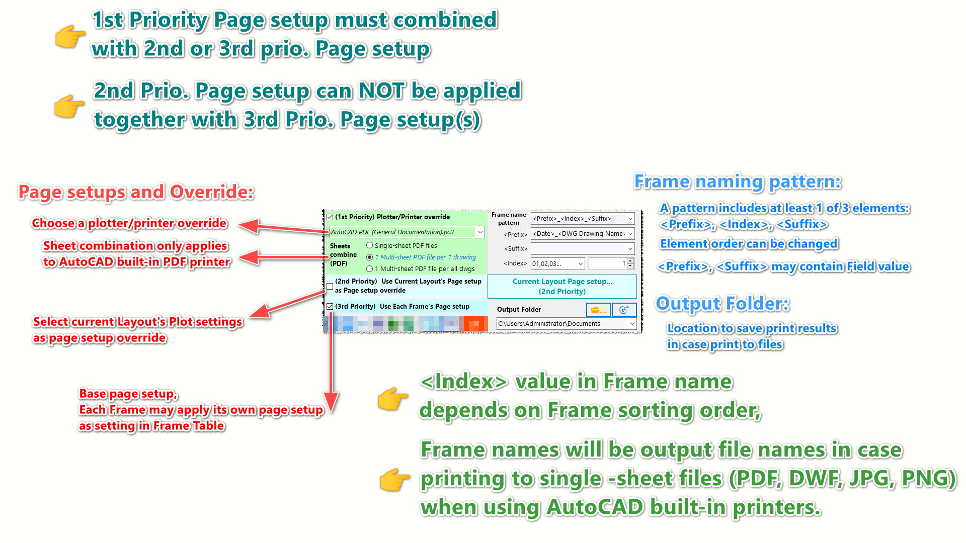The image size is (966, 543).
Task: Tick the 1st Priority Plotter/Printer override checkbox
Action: tap(330, 217)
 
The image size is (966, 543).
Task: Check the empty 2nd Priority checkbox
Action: tap(330, 286)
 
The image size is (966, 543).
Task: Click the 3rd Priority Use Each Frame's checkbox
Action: tap(330, 306)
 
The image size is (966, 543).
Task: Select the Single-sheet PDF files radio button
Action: tap(370, 245)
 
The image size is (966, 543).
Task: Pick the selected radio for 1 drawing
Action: tap(370, 257)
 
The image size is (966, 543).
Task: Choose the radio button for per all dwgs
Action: tap(370, 268)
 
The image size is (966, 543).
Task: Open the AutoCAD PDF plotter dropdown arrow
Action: tap(480, 232)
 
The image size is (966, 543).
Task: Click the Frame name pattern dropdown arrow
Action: tap(630, 219)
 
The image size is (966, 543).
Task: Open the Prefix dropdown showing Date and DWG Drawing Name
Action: tap(630, 234)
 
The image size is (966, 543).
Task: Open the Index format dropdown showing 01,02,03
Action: tap(580, 263)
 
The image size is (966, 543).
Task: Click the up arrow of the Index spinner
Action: tap(630, 261)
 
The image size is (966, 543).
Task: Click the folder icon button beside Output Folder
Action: tap(598, 310)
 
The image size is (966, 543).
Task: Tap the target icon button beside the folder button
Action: tap(624, 310)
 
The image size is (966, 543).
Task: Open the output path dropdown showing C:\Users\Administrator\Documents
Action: tap(632, 324)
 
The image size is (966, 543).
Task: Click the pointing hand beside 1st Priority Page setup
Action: tap(70, 36)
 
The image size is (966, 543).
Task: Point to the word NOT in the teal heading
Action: tap(381, 91)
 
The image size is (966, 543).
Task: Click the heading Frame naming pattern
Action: tap(737, 182)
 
